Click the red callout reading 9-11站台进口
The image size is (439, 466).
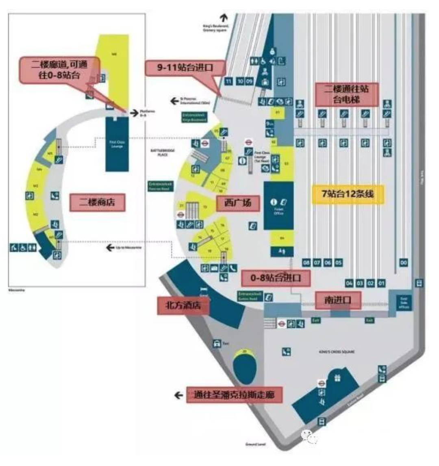pyautogui.click(x=185, y=67)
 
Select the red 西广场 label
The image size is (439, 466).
pyautogui.click(x=238, y=203)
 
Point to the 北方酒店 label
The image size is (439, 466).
pyautogui.click(x=183, y=305)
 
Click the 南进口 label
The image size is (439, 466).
pyautogui.click(x=338, y=300)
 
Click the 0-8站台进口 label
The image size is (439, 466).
pyautogui.click(x=276, y=278)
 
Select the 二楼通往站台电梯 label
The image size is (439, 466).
pyautogui.click(x=346, y=94)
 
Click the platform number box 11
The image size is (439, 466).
pyautogui.click(x=228, y=81)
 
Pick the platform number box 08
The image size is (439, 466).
pyautogui.click(x=306, y=263)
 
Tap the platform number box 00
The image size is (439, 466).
pyautogui.click(x=403, y=263)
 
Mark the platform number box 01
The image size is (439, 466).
pyautogui.click(x=381, y=283)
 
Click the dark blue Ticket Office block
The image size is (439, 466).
pyautogui.click(x=278, y=205)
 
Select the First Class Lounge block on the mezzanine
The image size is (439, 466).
pyautogui.click(x=117, y=144)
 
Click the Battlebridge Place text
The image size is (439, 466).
pyautogui.click(x=163, y=152)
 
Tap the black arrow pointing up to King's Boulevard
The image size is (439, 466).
pyautogui.click(x=223, y=17)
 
